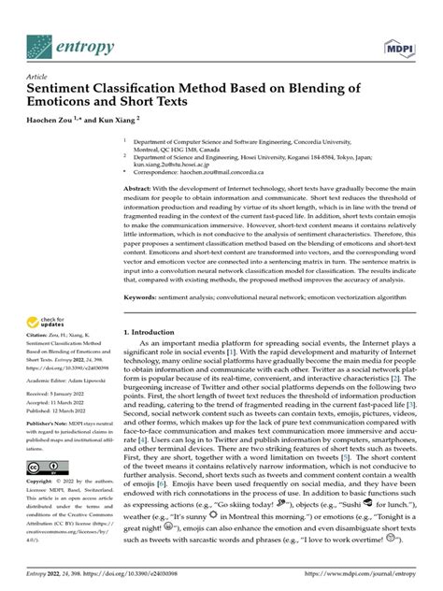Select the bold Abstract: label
(141, 188)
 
